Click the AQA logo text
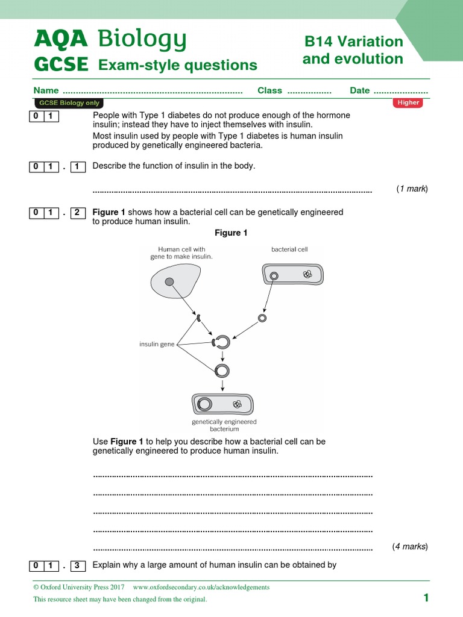(60, 40)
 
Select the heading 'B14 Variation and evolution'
(353, 50)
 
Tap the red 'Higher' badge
(408, 102)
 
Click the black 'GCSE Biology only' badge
(69, 103)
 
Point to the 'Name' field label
(46, 90)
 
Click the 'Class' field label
(269, 90)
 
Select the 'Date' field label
(359, 90)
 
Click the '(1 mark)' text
(412, 189)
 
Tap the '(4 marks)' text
(409, 547)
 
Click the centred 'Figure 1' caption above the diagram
(231, 233)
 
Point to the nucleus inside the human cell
(169, 281)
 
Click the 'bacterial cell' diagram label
(289, 249)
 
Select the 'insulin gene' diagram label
(157, 344)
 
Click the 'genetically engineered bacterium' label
(224, 425)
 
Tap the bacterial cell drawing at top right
(292, 275)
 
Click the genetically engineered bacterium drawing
(224, 404)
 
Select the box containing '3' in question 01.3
(78, 565)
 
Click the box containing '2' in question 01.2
(78, 212)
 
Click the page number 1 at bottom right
(426, 598)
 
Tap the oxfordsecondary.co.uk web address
(201, 587)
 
